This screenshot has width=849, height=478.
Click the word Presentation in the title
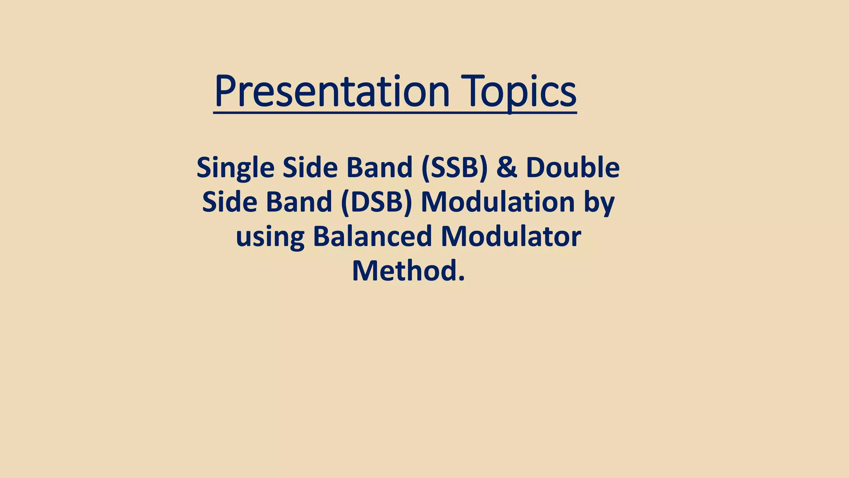coord(332,91)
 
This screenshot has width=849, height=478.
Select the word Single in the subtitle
coord(235,168)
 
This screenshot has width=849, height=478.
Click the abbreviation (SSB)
coord(454,168)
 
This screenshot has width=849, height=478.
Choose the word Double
coord(572,168)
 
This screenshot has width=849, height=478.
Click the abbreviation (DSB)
coord(376,202)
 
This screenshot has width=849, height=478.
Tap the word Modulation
coord(497,202)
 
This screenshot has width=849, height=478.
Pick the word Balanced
coord(373,237)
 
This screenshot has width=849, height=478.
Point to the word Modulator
coord(510,237)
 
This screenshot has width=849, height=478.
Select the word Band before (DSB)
coord(299,202)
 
